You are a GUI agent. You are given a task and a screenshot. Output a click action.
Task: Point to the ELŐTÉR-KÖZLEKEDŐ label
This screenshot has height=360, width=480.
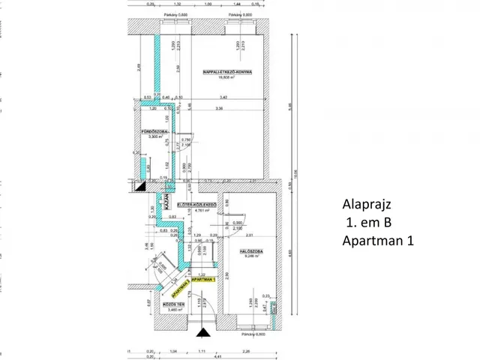coord(196,205)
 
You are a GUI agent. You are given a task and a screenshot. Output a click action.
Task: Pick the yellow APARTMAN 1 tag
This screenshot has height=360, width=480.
coord(202,279)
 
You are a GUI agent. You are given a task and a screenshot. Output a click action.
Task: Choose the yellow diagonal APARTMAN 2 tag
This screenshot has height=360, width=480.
coord(181,285)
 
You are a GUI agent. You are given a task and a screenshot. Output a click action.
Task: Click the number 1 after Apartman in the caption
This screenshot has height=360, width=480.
coord(410,241)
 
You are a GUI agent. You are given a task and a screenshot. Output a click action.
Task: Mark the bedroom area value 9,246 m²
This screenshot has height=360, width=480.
coord(249,256)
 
